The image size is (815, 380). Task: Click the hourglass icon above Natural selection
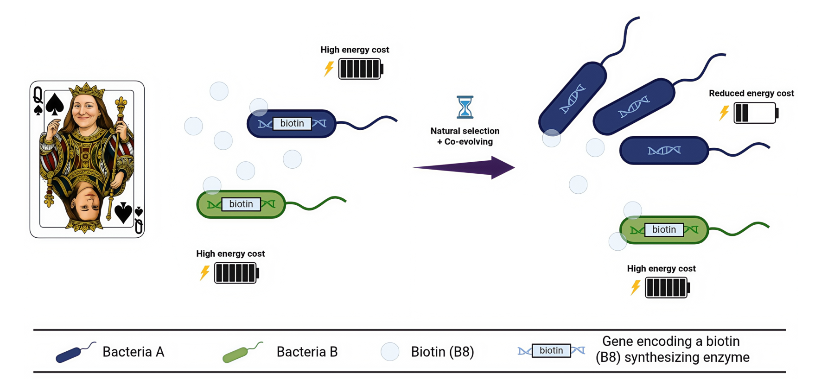click(465, 107)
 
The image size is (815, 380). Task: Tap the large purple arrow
click(464, 167)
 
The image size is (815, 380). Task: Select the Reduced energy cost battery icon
click(755, 113)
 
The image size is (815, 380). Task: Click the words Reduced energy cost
click(751, 93)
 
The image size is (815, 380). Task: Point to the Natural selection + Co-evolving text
click(465, 136)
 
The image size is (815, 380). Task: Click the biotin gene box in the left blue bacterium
click(292, 123)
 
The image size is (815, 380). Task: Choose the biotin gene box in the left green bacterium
click(241, 204)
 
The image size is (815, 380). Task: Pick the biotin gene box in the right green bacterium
click(664, 229)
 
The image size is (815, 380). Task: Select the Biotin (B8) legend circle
click(390, 352)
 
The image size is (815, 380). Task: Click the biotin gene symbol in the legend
click(551, 350)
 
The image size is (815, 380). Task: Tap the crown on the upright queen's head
click(86, 89)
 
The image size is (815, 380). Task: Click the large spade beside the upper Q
click(55, 104)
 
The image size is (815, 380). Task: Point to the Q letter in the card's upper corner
click(38, 95)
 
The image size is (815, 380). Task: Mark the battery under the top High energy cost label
click(361, 69)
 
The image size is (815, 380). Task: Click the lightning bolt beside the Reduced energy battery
click(724, 113)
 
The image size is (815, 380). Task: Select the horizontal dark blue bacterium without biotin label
click(664, 150)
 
